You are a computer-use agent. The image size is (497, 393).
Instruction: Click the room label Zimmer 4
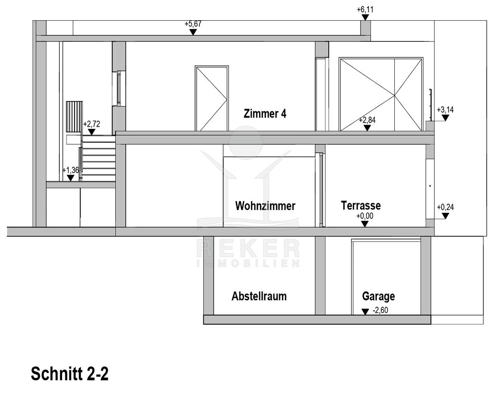(265, 114)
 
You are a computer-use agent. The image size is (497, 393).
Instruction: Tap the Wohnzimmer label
(265, 206)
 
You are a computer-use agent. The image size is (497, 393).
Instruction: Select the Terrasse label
(361, 205)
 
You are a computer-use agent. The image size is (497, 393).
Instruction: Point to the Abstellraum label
(259, 296)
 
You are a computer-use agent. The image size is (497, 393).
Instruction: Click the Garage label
(378, 297)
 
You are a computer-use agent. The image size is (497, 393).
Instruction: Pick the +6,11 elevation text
(365, 10)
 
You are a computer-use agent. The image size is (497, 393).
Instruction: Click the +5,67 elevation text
(193, 24)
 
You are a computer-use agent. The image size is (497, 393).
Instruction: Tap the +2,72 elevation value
(92, 124)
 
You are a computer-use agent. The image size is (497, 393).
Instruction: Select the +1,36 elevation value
(71, 170)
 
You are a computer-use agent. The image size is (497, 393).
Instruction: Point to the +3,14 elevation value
(445, 110)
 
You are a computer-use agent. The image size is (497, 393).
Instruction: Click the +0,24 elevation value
(445, 207)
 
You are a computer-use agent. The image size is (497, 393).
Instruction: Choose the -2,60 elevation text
(380, 310)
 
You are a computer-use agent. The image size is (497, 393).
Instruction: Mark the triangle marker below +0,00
(364, 224)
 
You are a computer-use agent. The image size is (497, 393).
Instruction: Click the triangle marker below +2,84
(367, 128)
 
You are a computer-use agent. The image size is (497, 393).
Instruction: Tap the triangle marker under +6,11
(365, 17)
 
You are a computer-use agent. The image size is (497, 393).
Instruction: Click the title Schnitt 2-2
(70, 374)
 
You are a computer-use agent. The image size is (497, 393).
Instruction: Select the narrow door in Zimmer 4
(212, 99)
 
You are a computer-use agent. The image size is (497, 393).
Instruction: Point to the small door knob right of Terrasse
(430, 186)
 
